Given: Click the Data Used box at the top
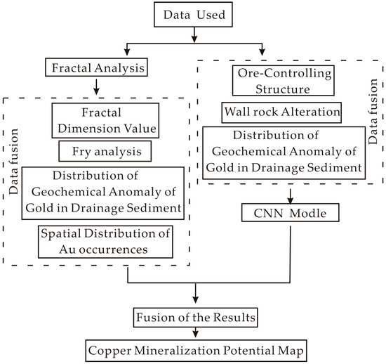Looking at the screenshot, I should [x=193, y=14].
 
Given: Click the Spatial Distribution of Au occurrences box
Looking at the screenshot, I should [x=98, y=241].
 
